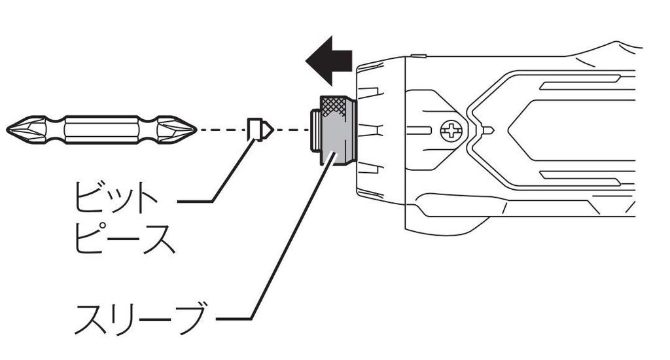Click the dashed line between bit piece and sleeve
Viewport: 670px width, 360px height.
tap(291, 130)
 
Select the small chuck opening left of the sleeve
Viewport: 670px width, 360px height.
tap(314, 131)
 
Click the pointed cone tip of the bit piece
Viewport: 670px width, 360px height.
tap(269, 130)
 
